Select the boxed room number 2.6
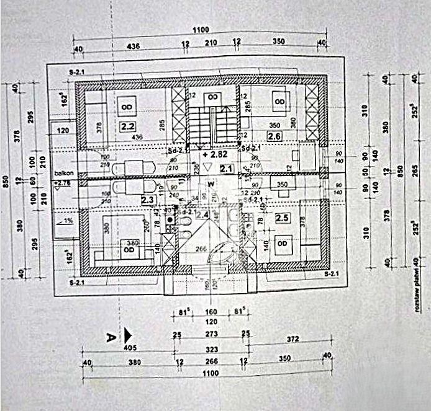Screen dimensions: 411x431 click(274, 135)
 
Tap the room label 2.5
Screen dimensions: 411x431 click(281, 218)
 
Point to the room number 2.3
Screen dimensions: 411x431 click(147, 200)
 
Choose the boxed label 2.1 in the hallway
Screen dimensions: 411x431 click(226, 167)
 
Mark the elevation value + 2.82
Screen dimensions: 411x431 click(213, 152)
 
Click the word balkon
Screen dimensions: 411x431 click(63, 174)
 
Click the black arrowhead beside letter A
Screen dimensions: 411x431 click(127, 335)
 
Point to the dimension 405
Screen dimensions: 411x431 click(129, 348)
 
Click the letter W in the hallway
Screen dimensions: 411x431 click(211, 184)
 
